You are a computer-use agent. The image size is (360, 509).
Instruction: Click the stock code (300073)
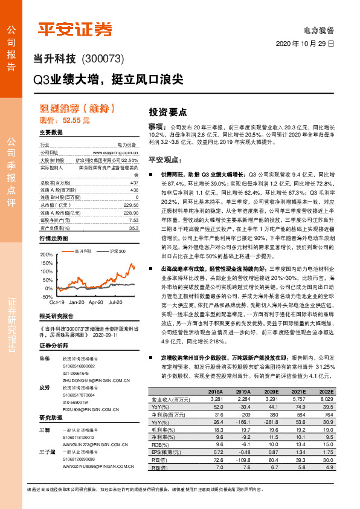pyautogui.click(x=103, y=59)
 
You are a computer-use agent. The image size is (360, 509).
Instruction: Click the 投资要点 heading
pyautogui.click(x=168, y=112)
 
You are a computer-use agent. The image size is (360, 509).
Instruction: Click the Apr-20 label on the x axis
pyautogui.click(x=96, y=284)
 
